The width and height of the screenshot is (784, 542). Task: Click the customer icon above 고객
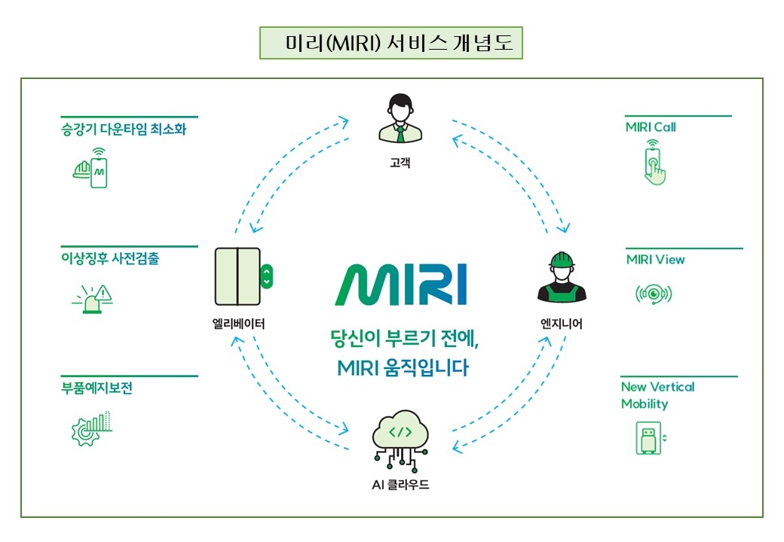(x=400, y=117)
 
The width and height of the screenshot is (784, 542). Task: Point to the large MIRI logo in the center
(x=400, y=285)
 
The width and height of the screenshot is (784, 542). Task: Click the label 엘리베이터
(x=238, y=324)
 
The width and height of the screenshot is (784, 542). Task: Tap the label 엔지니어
(x=561, y=324)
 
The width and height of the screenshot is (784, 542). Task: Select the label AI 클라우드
(x=400, y=485)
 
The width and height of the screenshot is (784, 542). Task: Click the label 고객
(x=400, y=162)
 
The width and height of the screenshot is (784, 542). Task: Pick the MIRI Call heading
(x=651, y=127)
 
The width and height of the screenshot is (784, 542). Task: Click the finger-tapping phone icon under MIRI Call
(x=654, y=166)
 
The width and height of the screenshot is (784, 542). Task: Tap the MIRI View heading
(x=655, y=260)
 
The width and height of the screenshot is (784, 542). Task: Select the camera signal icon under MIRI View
(x=653, y=294)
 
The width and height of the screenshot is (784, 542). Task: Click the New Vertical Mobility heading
(x=657, y=395)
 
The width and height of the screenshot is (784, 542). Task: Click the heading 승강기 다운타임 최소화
(x=124, y=129)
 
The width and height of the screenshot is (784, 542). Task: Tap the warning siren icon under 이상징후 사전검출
(x=91, y=297)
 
